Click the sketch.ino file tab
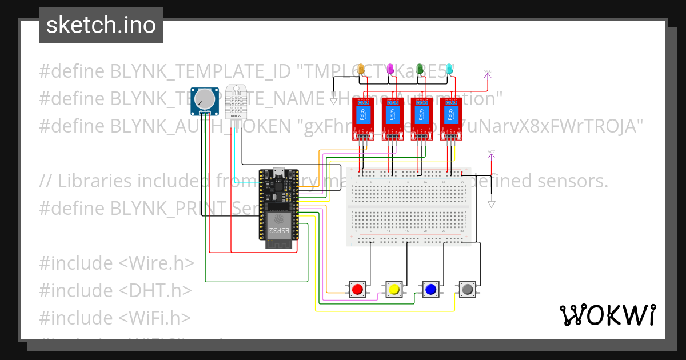point(101,25)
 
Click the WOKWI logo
point(607,315)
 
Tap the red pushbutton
point(358,290)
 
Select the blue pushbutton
point(430,290)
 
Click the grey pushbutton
point(468,290)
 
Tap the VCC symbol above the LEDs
point(488,73)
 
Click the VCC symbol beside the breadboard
point(491,153)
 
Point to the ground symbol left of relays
point(333,101)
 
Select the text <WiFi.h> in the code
point(155,317)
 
